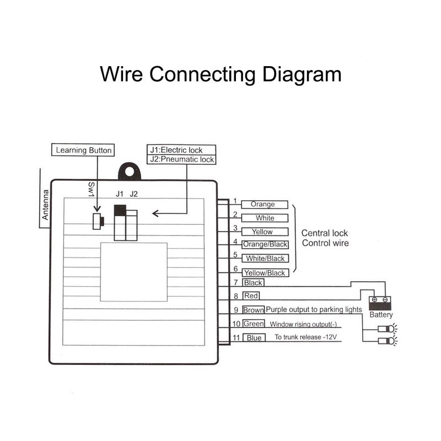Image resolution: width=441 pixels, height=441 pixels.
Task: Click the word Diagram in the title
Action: click(302, 74)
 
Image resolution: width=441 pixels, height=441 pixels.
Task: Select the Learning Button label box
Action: click(83, 150)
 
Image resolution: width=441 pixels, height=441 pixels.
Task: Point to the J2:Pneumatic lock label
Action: click(181, 159)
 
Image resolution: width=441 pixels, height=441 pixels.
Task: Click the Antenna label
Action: click(45, 205)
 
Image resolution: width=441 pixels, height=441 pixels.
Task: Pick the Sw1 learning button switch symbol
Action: click(98, 222)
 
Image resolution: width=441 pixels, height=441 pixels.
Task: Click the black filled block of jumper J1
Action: click(120, 211)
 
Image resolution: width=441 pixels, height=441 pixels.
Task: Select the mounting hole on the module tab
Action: click(130, 171)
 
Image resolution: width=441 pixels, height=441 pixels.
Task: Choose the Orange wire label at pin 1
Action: click(265, 205)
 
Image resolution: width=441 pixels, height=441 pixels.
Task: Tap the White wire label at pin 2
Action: click(265, 218)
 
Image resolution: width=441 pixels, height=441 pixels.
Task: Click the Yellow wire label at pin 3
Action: click(265, 232)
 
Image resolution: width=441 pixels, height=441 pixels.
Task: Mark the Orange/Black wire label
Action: click(265, 244)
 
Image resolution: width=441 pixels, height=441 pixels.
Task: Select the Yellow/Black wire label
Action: click(266, 273)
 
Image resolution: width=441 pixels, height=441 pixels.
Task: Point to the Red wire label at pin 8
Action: click(251, 296)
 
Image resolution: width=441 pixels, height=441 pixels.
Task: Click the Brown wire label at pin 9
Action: click(254, 310)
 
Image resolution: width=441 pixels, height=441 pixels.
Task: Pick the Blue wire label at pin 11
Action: click(254, 338)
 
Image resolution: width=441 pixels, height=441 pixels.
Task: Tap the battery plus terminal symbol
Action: click(374, 299)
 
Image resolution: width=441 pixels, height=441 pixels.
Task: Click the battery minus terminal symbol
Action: click(385, 299)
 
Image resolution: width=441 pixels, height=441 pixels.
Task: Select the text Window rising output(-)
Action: click(303, 324)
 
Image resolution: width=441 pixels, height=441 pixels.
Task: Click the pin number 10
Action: click(236, 324)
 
